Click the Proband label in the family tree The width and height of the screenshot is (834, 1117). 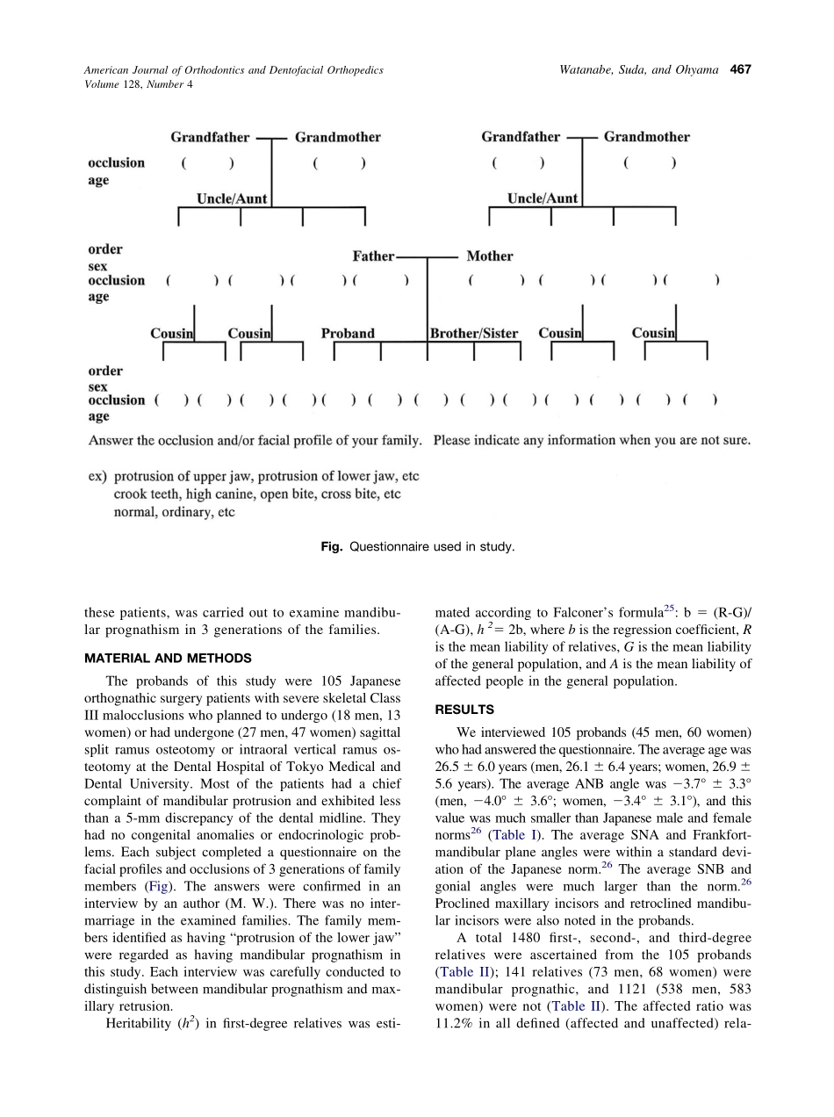[x=348, y=334]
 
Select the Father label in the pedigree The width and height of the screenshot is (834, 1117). [x=373, y=256]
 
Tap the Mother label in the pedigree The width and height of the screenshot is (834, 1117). [x=489, y=256]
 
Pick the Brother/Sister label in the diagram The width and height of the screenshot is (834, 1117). [x=474, y=334]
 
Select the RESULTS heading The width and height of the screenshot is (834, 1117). [x=464, y=710]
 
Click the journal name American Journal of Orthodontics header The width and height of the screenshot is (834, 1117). [x=234, y=70]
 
